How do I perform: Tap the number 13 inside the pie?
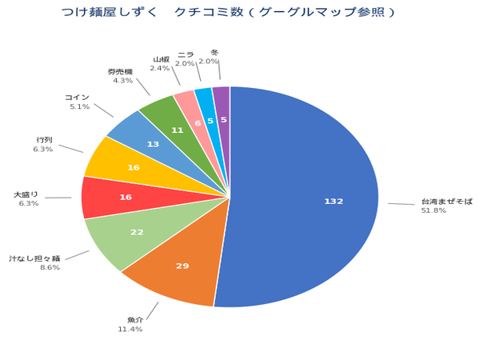click(154, 144)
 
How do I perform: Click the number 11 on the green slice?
click(178, 130)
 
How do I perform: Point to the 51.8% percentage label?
click(434, 210)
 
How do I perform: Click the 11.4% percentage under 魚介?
click(130, 329)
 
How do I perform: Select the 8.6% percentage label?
click(50, 267)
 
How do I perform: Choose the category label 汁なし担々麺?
click(34, 258)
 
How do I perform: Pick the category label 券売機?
click(120, 71)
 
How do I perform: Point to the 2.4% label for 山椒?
click(160, 68)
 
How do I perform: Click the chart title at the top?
click(228, 12)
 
